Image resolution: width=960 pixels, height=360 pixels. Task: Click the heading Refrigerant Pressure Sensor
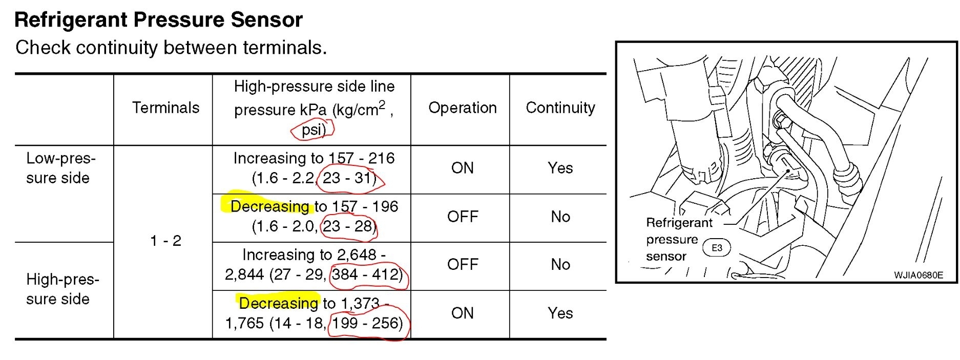pos(159,20)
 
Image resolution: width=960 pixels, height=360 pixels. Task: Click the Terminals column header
pos(165,108)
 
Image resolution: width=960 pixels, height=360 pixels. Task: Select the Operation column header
pos(462,108)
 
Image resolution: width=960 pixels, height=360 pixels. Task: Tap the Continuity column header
pos(560,108)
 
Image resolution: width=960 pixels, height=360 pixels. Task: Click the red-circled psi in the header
pos(312,130)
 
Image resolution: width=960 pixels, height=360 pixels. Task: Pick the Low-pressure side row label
pos(60,168)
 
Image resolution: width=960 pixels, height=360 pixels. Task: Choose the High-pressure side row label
pos(62,289)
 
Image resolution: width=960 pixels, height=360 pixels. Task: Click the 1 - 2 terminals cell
pos(165,241)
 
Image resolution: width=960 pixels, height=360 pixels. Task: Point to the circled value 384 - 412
pos(367,274)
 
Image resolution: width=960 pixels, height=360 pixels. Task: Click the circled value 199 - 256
pos(367,323)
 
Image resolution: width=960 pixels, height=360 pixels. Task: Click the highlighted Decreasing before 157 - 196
pos(270,206)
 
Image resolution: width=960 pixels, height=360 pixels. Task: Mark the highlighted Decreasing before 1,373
pos(278,303)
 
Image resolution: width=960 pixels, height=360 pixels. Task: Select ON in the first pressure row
pos(462,168)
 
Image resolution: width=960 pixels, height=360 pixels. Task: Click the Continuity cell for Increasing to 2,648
pos(560,264)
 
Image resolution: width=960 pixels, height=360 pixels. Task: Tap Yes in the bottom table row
pos(560,313)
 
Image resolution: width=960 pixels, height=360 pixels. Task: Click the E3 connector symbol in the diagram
pos(717,248)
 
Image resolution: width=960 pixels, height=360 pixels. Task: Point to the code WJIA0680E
pos(918,275)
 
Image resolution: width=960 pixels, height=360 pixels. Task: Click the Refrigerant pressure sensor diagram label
pos(679,239)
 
